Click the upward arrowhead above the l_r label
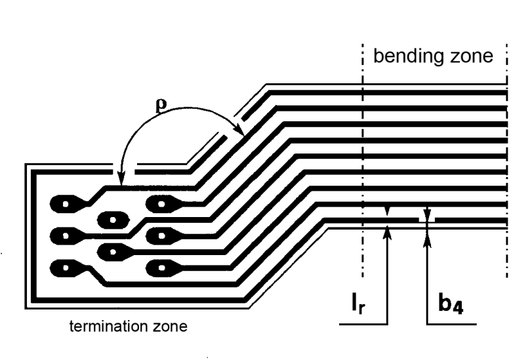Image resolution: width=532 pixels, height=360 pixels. click(x=388, y=230)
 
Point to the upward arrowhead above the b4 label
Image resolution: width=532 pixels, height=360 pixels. click(x=428, y=230)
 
